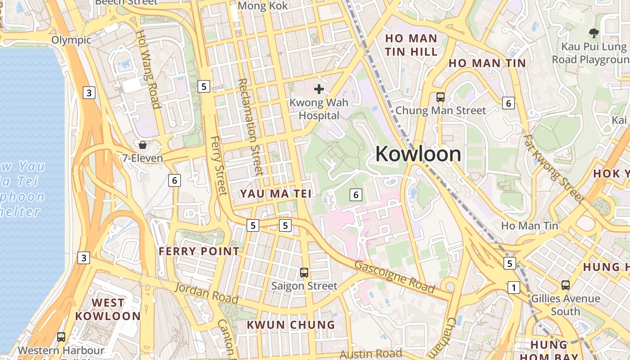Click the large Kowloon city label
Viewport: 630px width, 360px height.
pyautogui.click(x=418, y=154)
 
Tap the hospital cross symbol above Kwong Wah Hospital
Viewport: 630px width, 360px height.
pyautogui.click(x=319, y=89)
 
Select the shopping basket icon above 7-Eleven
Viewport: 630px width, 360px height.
pyautogui.click(x=143, y=145)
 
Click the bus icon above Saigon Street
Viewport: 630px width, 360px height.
pyautogui.click(x=304, y=272)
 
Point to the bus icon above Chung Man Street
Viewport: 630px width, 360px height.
pyautogui.click(x=441, y=97)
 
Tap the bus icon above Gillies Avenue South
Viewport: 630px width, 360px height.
pyautogui.click(x=566, y=285)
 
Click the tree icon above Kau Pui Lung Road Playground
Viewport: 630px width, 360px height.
pyautogui.click(x=594, y=33)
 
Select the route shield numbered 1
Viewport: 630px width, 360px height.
pyautogui.click(x=513, y=287)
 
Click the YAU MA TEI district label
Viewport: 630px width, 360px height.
pyautogui.click(x=276, y=193)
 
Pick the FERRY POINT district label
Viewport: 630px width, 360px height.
pyautogui.click(x=199, y=251)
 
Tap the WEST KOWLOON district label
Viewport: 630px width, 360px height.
pyautogui.click(x=108, y=309)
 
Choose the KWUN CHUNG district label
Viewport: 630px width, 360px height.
pyautogui.click(x=291, y=324)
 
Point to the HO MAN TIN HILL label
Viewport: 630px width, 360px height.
pyautogui.click(x=411, y=45)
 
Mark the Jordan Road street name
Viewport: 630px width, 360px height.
pyautogui.click(x=207, y=293)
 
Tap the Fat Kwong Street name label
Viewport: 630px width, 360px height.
pyautogui.click(x=554, y=168)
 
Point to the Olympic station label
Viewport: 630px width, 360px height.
pyautogui.click(x=71, y=40)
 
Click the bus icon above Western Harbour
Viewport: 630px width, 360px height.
pyautogui.click(x=61, y=337)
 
